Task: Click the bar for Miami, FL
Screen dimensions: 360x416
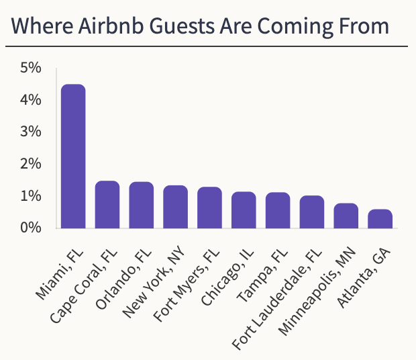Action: (73, 156)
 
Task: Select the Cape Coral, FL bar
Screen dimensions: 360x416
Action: (107, 204)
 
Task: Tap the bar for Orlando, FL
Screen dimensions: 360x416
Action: (142, 205)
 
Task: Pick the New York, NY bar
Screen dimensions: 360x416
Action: (176, 206)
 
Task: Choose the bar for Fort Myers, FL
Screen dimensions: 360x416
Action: (209, 208)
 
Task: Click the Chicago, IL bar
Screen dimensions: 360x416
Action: (244, 210)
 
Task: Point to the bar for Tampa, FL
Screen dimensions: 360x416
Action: (278, 210)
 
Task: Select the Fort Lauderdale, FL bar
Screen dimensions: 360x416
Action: (312, 212)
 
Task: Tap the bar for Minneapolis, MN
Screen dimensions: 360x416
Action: (346, 216)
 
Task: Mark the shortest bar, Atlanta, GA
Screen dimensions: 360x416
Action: (380, 218)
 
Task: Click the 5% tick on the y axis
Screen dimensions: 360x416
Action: (31, 68)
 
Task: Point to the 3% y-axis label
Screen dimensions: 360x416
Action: (31, 132)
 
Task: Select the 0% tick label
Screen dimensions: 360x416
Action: (31, 228)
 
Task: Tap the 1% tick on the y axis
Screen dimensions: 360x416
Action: (31, 196)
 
